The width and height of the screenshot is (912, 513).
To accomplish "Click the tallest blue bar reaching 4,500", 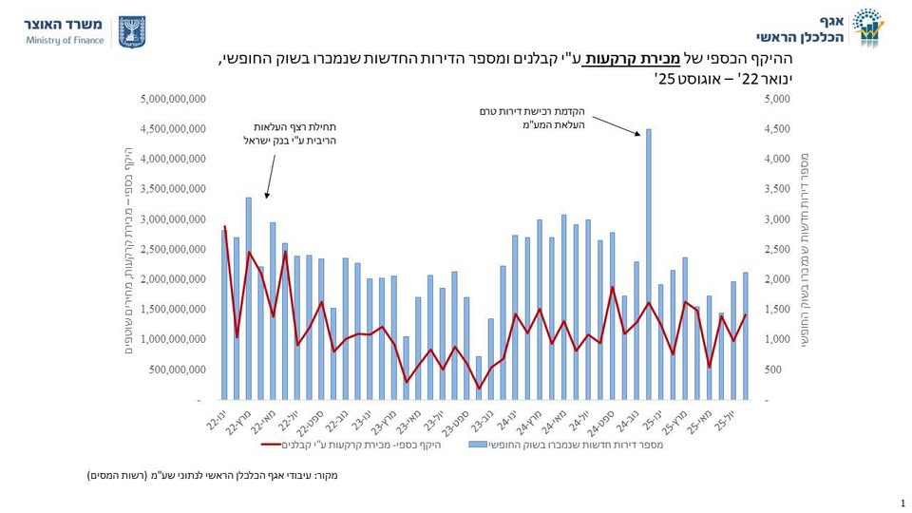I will pyautogui.click(x=648, y=266).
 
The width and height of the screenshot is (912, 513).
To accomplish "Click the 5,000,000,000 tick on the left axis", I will pyautogui.click(x=172, y=99).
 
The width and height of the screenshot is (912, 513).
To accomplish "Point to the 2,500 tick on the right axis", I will pyautogui.click(x=777, y=249).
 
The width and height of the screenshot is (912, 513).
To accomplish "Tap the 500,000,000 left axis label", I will pyautogui.click(x=177, y=370).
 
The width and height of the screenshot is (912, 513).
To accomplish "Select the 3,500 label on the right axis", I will pyautogui.click(x=777, y=189).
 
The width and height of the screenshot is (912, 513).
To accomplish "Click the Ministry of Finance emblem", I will pyautogui.click(x=131, y=30).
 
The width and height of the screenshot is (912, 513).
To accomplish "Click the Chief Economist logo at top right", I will pyautogui.click(x=866, y=28).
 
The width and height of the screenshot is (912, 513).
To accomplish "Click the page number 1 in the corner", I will pyautogui.click(x=901, y=503).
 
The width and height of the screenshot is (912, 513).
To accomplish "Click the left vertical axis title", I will pyautogui.click(x=129, y=252).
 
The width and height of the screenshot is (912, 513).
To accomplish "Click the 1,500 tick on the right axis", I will pyautogui.click(x=777, y=310).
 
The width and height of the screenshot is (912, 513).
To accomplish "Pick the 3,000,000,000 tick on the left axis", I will pyautogui.click(x=172, y=219).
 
